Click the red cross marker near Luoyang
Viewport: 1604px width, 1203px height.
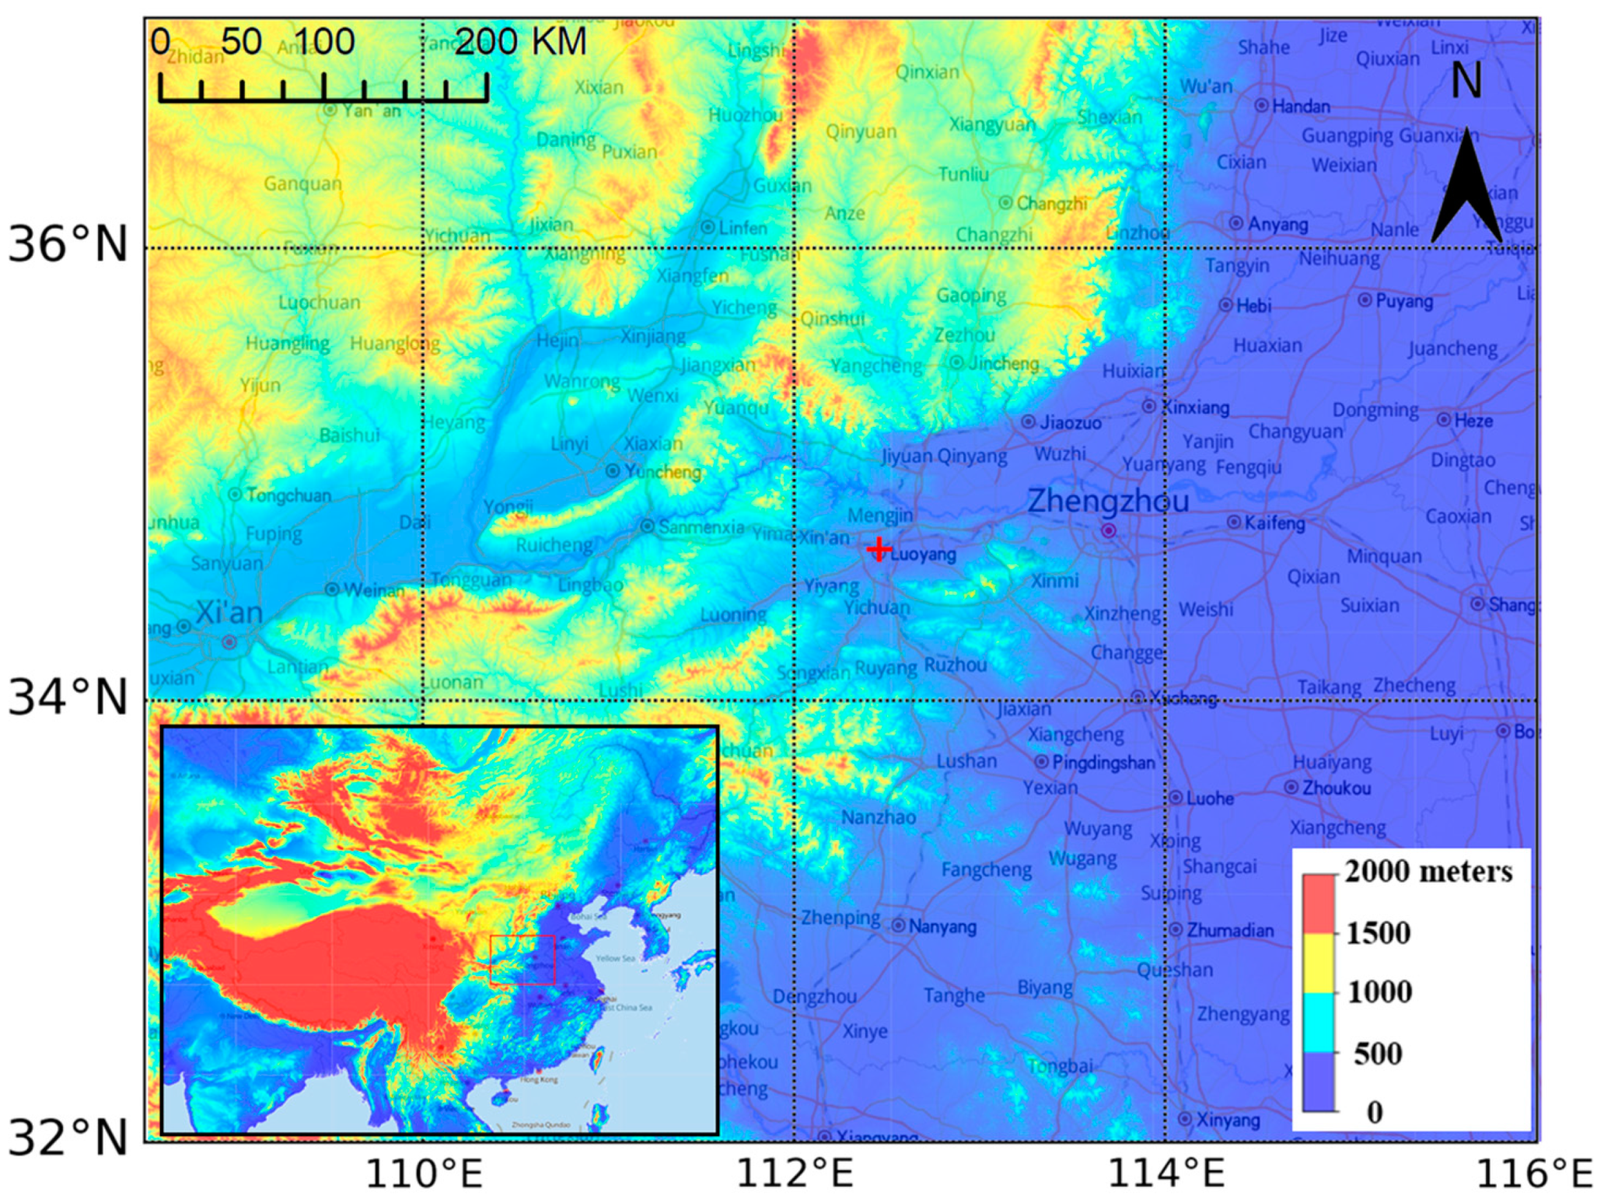(x=879, y=549)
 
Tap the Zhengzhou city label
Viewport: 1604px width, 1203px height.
(x=1107, y=502)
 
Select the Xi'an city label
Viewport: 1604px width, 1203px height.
(x=229, y=613)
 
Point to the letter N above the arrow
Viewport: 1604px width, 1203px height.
(x=1466, y=80)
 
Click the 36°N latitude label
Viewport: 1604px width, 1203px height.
(x=68, y=245)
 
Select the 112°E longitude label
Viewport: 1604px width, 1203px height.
(x=794, y=1173)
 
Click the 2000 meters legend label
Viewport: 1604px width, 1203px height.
(x=1428, y=872)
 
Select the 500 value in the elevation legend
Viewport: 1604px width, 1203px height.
(x=1378, y=1054)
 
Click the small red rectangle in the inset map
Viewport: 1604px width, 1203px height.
(x=522, y=960)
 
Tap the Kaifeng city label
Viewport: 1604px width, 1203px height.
(x=1274, y=523)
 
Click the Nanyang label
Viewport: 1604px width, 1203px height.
(x=942, y=926)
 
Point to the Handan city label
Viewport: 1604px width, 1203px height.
(x=1300, y=106)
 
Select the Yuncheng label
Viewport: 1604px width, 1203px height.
(x=662, y=471)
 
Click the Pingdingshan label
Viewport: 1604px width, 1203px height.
(x=1103, y=763)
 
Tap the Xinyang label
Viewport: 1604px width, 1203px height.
(x=1228, y=1120)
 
